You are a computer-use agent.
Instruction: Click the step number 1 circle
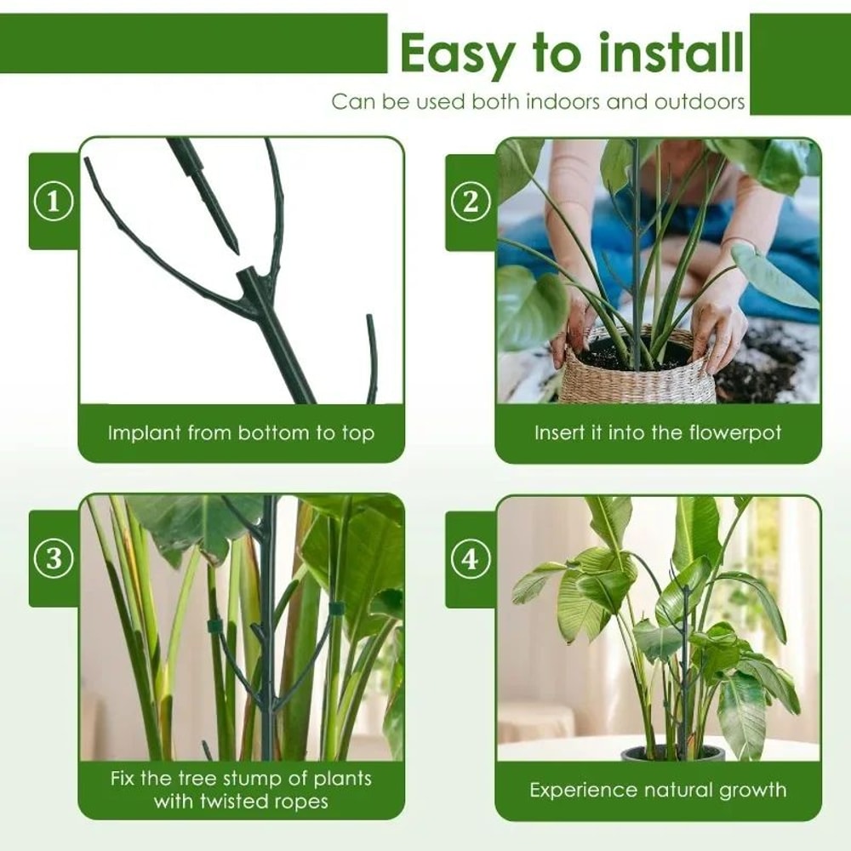(54, 203)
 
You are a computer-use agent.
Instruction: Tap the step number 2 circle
(471, 203)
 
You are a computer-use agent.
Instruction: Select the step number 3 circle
(54, 559)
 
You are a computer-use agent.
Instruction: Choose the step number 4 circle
(471, 559)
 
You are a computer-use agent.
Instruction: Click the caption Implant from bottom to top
(241, 433)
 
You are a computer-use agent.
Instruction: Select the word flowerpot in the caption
(728, 433)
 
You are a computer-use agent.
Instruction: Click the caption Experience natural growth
(658, 791)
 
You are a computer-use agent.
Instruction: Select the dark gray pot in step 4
(672, 753)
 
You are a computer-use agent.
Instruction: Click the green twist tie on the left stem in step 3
(214, 626)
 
